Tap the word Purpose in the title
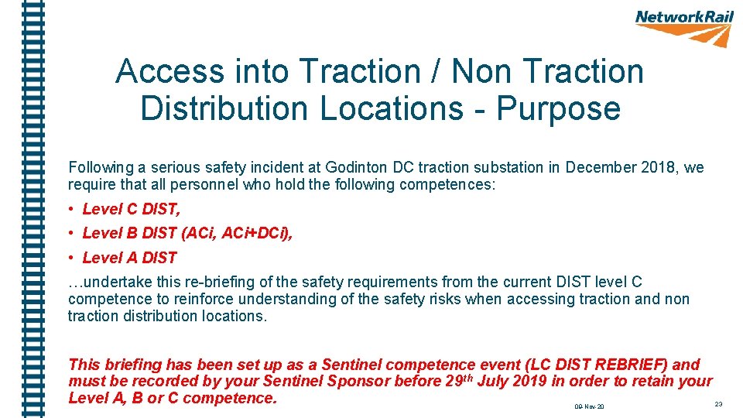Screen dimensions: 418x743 pyautogui.click(x=558, y=108)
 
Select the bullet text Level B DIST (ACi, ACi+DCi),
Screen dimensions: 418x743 pyautogui.click(x=187, y=233)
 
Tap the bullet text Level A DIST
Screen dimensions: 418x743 pyautogui.click(x=129, y=258)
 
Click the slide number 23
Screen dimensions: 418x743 pyautogui.click(x=718, y=404)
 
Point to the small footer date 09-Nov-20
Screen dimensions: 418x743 pyautogui.click(x=589, y=406)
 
